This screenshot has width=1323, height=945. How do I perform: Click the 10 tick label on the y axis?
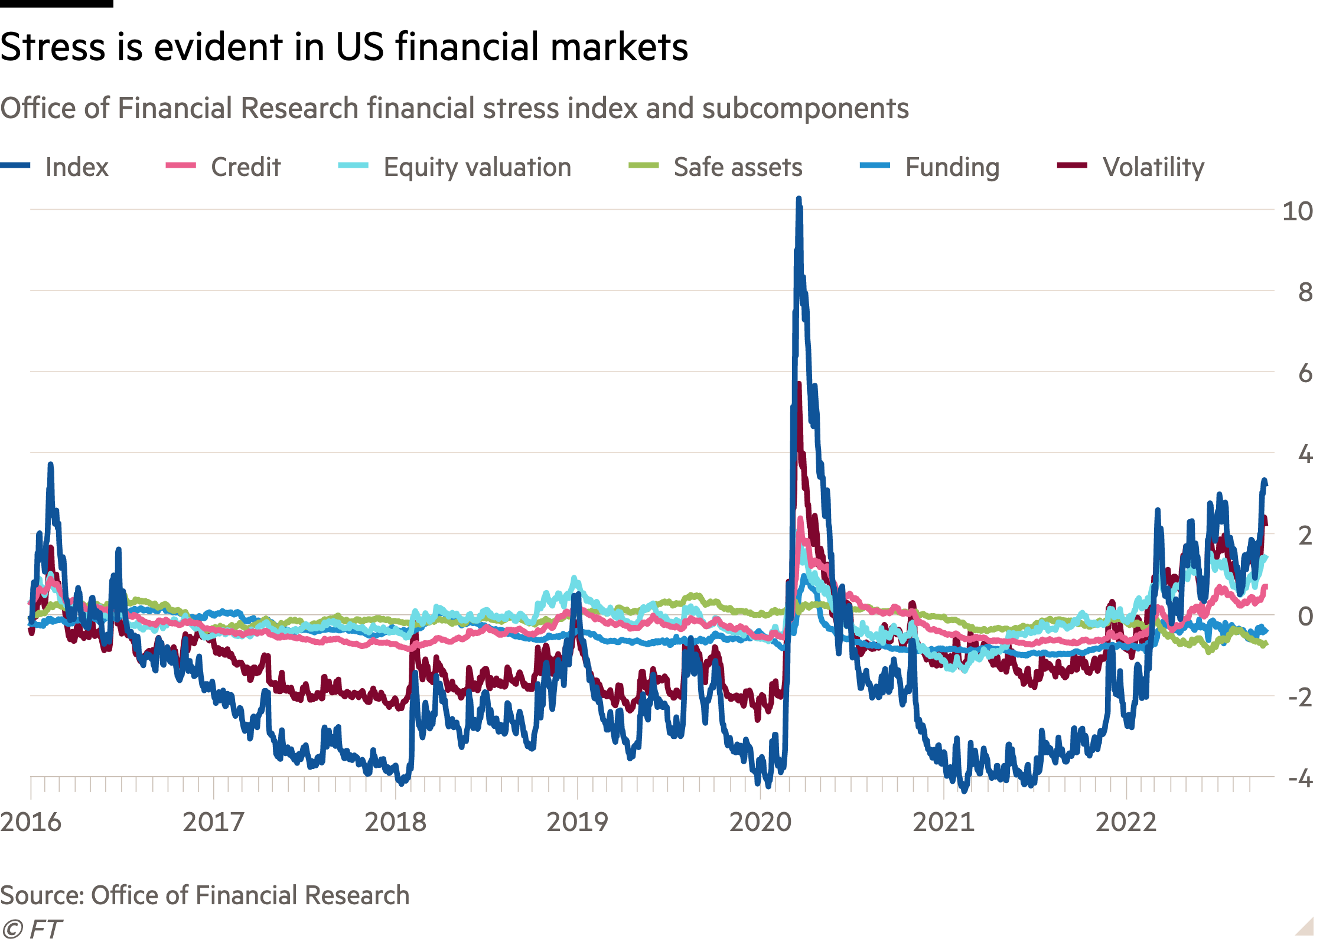click(x=1297, y=211)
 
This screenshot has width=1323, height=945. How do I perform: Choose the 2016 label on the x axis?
click(x=31, y=822)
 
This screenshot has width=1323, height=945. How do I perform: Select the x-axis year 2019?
click(x=577, y=822)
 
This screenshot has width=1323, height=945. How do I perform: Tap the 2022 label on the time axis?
click(x=1126, y=822)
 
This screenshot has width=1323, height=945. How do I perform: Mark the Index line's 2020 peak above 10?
click(x=799, y=201)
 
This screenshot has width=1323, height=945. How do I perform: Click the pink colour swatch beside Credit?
click(x=181, y=166)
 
